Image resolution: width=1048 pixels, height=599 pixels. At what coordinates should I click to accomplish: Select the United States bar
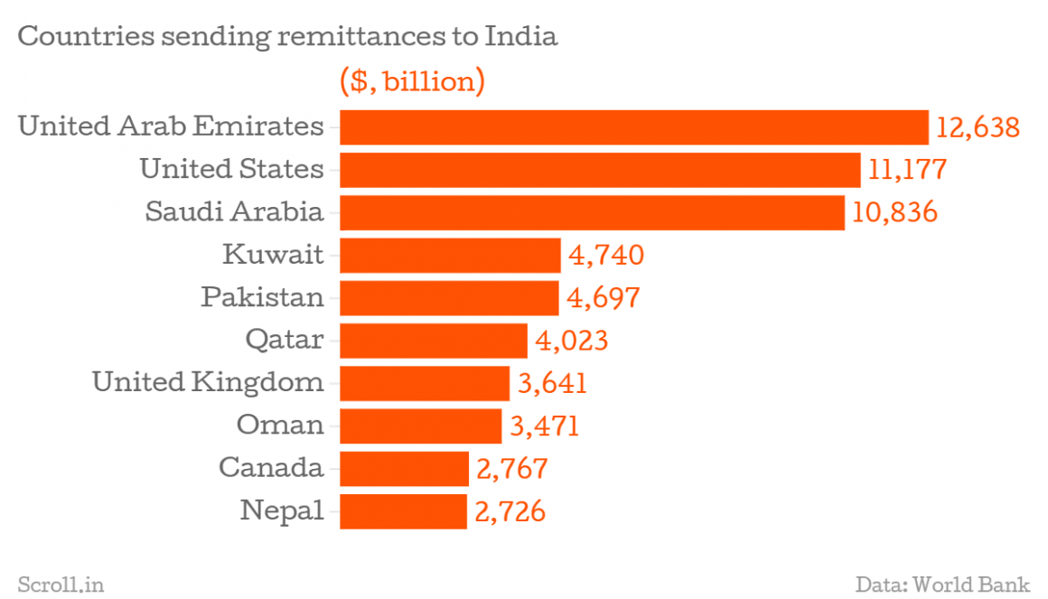coord(600,170)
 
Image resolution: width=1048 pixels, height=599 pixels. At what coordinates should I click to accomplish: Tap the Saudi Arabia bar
coord(592,213)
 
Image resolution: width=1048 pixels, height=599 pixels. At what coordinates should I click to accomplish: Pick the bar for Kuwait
coord(450,256)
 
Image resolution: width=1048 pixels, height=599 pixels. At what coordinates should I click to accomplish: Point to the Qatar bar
coord(434,341)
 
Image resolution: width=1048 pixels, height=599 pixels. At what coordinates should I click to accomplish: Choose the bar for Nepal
coord(403,511)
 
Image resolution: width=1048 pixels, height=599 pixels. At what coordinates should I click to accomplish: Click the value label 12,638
coord(978,127)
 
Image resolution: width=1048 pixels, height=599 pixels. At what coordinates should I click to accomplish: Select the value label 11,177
coord(907,170)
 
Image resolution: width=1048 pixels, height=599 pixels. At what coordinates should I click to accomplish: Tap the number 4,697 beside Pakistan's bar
coord(604,298)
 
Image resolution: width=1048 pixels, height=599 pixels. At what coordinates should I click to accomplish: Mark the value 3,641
coord(552,383)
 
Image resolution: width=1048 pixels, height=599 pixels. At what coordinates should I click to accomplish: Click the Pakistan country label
coord(262,297)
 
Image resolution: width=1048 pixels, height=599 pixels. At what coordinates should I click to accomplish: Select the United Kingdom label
coord(208,382)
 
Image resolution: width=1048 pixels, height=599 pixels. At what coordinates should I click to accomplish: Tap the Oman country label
coord(279,426)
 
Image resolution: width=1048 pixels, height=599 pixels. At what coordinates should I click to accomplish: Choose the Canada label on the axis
coord(270,468)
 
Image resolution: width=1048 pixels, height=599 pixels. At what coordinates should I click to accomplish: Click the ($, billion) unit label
coord(412,82)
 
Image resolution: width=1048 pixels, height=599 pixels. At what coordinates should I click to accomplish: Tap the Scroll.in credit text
coord(61,585)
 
